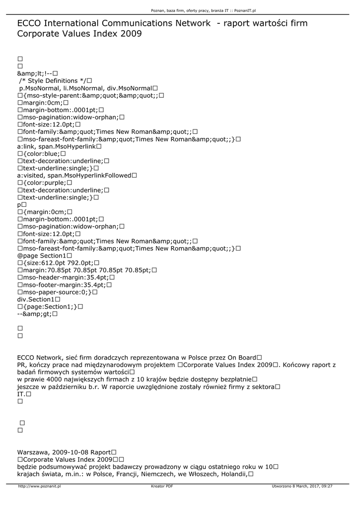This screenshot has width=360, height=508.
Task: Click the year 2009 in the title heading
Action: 132,34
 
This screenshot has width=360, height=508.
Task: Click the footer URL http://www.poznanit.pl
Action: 39,487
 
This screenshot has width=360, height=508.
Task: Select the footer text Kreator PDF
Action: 162,487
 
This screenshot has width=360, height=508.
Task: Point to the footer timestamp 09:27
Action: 327,487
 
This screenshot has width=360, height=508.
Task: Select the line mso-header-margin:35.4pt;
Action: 64,277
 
